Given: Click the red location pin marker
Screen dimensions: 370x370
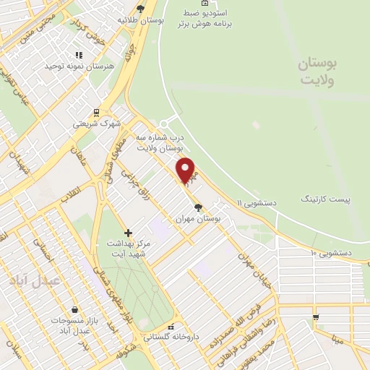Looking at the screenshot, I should [186, 169].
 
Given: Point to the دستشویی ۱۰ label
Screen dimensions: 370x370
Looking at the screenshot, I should [331, 253].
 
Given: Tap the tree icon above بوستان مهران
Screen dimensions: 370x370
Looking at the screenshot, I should [199, 207].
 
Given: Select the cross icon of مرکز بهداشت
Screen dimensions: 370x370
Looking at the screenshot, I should [129, 233].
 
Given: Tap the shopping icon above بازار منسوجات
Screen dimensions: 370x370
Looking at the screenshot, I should [75, 309].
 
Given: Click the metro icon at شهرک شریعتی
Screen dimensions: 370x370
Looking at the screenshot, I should [95, 112].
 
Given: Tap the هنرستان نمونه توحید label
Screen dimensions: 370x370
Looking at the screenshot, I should [80, 66].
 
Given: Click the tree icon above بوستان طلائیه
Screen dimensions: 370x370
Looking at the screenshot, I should [140, 9].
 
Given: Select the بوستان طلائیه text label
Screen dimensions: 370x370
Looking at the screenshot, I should [143, 20].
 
